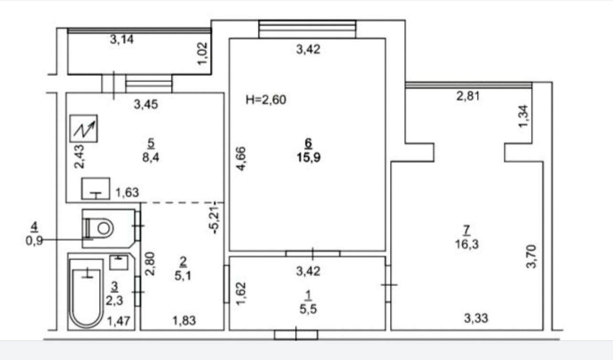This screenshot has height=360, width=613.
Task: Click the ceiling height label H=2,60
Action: (x=266, y=100)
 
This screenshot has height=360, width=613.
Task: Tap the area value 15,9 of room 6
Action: (x=308, y=158)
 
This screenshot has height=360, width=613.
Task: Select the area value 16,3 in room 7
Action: (x=467, y=244)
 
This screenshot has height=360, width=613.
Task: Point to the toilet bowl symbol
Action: (x=99, y=228)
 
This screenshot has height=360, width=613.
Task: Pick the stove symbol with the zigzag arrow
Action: (x=84, y=128)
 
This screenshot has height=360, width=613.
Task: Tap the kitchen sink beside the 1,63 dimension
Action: (x=95, y=189)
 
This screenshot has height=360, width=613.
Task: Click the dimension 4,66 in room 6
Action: (x=241, y=159)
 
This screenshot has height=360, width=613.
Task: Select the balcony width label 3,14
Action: (x=122, y=40)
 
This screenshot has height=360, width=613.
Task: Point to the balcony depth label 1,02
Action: (x=203, y=53)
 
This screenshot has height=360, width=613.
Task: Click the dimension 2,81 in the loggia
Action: (x=468, y=96)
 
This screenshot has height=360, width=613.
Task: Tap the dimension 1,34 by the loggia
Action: (x=524, y=116)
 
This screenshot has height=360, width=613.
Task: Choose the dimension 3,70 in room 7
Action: (x=531, y=256)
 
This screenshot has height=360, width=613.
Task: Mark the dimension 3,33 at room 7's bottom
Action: (x=476, y=318)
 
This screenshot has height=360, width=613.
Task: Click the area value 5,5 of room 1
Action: (x=308, y=309)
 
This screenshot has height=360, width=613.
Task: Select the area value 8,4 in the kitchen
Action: (x=150, y=158)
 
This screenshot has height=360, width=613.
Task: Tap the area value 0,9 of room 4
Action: (x=34, y=241)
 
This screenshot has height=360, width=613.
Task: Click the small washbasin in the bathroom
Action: (x=119, y=263)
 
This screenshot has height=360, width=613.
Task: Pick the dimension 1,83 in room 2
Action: (x=184, y=320)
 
